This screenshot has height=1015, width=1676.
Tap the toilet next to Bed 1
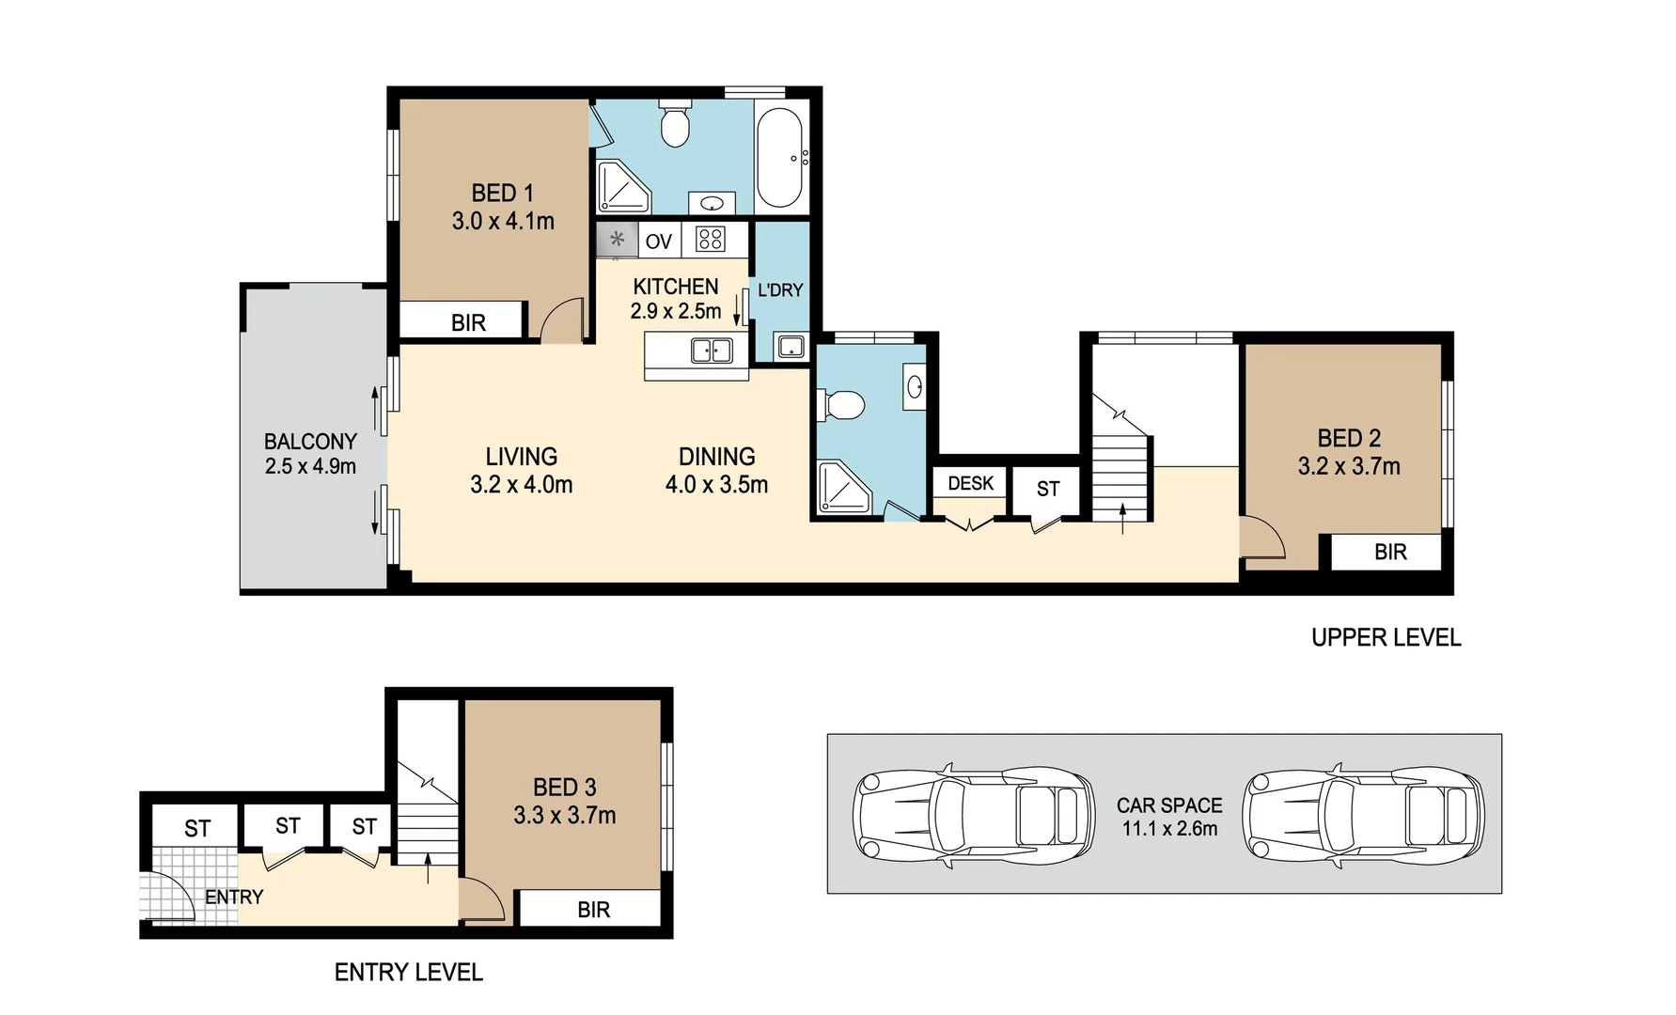(x=674, y=124)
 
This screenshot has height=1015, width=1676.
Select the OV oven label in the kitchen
(x=658, y=242)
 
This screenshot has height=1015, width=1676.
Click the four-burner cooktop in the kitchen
(x=710, y=239)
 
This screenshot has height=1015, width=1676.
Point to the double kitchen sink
(x=712, y=351)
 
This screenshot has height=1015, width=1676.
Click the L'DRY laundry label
(x=780, y=290)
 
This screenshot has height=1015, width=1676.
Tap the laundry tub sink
(x=791, y=347)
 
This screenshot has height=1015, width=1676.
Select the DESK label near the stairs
(x=970, y=483)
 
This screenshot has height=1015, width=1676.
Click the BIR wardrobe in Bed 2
(x=1389, y=552)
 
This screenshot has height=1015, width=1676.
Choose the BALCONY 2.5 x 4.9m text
(x=310, y=453)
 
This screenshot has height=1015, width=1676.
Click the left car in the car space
(x=973, y=814)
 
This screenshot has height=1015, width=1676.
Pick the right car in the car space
(x=1362, y=814)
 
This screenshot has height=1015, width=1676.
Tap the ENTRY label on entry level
(x=234, y=897)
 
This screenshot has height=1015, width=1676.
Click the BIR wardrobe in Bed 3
(x=593, y=909)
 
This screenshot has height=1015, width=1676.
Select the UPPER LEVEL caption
(x=1386, y=637)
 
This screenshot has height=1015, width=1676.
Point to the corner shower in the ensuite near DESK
(x=843, y=488)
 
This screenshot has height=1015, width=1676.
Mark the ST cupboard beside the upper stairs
(x=1047, y=489)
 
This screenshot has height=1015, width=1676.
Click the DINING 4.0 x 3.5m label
(x=716, y=470)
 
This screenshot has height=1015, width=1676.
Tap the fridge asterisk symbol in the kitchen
(x=617, y=239)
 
